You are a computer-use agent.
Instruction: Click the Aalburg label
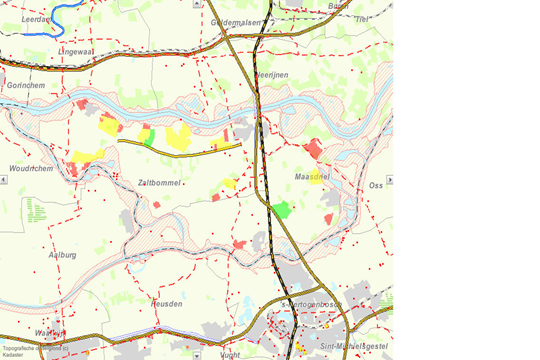[62, 255]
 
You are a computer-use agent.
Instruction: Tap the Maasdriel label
[313, 176]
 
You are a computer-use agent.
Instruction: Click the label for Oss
[376, 185]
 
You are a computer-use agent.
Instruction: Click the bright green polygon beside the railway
[282, 210]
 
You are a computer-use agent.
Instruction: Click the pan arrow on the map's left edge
[4, 180]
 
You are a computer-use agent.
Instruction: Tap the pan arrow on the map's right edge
[389, 180]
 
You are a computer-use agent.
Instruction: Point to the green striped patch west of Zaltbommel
[36, 209]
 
